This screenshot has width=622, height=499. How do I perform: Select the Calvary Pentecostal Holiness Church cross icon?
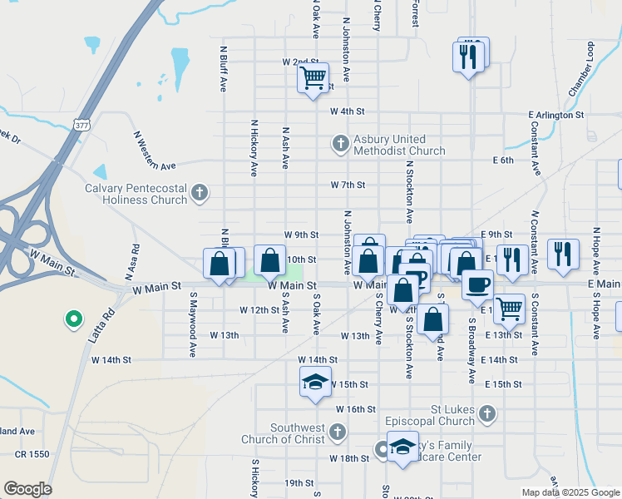pos(199,194)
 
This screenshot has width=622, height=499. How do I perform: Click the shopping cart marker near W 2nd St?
pos(313,78)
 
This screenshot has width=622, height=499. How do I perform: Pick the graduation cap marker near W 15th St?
pos(315,383)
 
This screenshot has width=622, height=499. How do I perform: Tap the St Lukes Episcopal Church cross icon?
pos(487,413)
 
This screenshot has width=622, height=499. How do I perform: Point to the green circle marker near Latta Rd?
pos(73,318)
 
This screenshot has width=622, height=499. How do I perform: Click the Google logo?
pos(27,489)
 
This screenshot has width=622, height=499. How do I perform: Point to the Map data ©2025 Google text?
pos(570,492)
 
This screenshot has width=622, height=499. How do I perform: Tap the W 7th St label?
pos(348,185)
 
